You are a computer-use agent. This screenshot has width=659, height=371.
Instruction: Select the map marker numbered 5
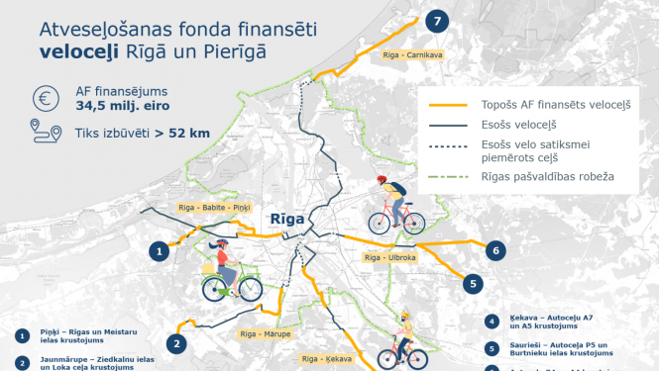coord(475,282)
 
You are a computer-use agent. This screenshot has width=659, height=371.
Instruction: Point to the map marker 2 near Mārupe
coord(176,343)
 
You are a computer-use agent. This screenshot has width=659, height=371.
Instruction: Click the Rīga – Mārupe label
coord(266,334)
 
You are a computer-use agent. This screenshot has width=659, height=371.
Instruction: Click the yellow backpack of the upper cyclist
coord(395,189)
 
